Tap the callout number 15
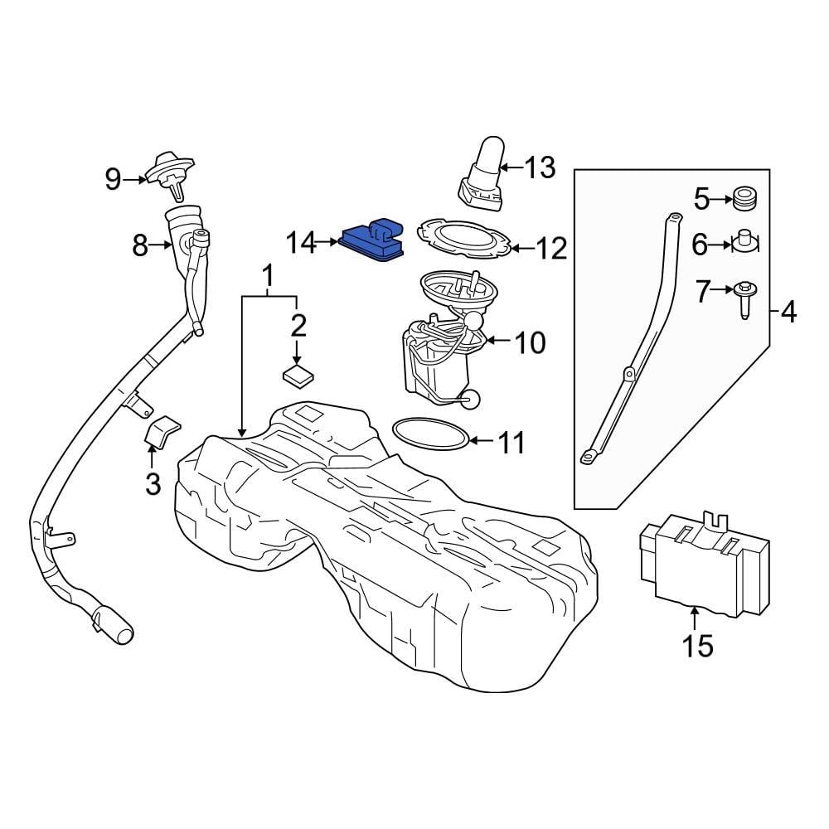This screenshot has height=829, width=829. coord(698,645)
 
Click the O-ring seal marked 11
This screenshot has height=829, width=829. coord(429,434)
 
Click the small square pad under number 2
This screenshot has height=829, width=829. coord(298,374)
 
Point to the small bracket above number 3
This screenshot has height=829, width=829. coord(162,432)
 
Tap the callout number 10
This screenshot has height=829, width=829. coord(531,342)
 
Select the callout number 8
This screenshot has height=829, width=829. coord(139,245)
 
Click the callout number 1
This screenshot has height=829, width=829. coord(268,274)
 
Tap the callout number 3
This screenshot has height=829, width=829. coord(153,483)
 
